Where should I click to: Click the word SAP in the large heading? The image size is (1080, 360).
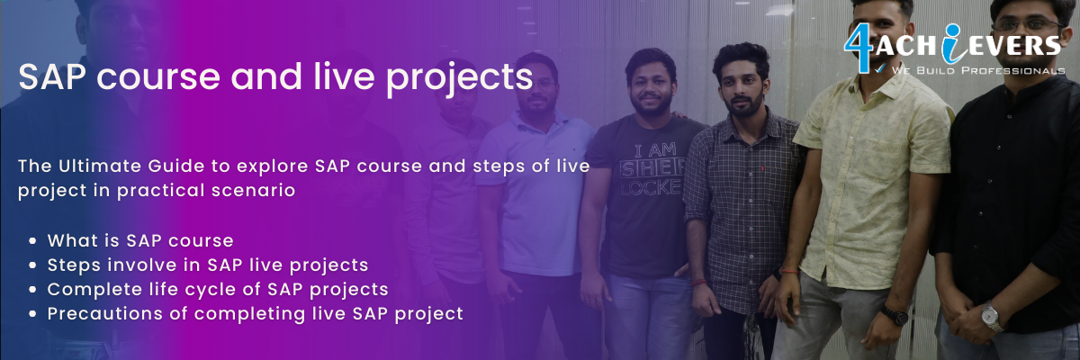pos(52,76)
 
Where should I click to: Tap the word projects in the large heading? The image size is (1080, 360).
pos(460,79)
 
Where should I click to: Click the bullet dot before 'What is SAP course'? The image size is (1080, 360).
pos(32,240)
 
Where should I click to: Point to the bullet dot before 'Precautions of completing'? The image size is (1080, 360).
pos(32,314)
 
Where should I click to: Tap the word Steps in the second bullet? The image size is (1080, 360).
pos(74,265)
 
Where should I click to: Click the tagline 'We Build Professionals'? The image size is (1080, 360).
pos(977,70)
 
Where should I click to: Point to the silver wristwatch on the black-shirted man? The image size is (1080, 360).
pos(992,316)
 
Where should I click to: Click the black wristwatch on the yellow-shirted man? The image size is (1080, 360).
pos(895,315)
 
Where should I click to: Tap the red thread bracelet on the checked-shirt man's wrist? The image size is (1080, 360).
pos(698,283)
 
